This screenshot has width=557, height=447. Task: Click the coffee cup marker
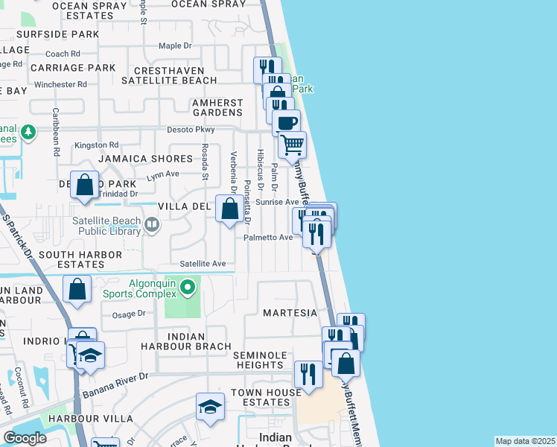point(285,122)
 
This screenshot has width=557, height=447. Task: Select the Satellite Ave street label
point(203,264)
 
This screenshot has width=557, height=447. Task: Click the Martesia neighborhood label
point(290,313)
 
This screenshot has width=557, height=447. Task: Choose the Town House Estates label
point(260,397)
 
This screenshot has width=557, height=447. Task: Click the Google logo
point(25,438)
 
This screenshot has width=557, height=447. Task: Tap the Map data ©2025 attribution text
point(525,441)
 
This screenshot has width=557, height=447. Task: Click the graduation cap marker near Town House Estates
point(210,407)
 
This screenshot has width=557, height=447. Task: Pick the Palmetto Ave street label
point(269,238)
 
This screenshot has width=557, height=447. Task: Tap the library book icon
point(153,223)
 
